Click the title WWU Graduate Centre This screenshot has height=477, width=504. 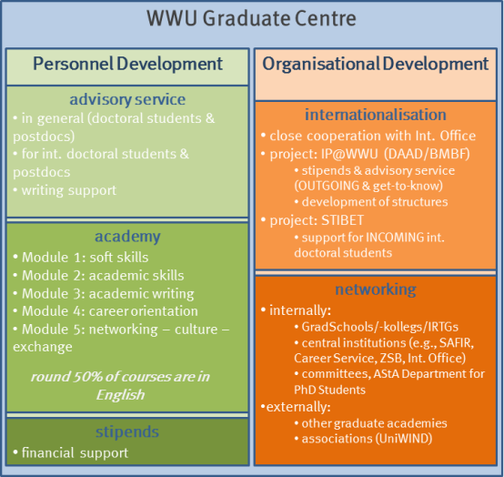point(251,18)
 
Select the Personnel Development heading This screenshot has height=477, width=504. point(127,64)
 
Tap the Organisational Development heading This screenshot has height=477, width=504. point(376,64)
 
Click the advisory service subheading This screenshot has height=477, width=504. point(127,99)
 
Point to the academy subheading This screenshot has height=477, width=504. point(127,237)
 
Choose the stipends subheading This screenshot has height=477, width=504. point(127,431)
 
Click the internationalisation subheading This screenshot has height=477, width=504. point(376,115)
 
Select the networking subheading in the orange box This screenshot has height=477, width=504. point(376,289)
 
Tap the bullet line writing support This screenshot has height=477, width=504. point(65,190)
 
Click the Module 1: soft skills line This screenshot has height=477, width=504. point(81,258)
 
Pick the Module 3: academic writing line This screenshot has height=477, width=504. point(104,294)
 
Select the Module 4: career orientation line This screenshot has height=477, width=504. point(106,311)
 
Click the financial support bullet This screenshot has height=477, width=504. point(70,452)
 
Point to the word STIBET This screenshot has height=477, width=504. point(343,220)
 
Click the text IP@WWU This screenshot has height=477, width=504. point(349,154)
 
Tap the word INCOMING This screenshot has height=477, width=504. point(395,238)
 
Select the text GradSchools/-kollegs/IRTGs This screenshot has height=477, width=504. point(380,327)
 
